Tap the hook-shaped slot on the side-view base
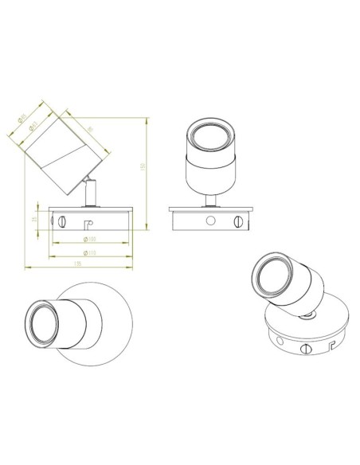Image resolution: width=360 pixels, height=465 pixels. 89,225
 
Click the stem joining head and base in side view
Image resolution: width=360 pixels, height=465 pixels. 90,193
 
